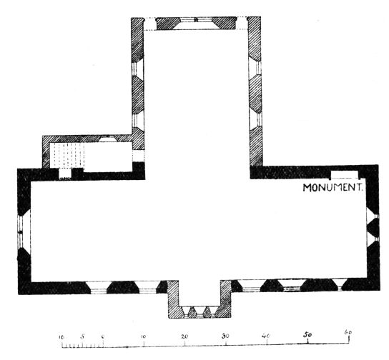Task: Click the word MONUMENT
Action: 333,188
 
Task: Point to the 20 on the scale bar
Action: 184,336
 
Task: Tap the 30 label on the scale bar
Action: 225,336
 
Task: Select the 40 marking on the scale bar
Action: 266,336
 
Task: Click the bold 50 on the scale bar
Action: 307,334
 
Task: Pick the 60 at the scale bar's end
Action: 348,332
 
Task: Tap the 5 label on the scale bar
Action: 82,336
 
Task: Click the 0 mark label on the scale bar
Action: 103,337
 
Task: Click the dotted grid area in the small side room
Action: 67,155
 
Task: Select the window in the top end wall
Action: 196,24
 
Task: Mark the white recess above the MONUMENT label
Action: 345,174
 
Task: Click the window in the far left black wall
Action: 24,231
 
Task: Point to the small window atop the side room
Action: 108,139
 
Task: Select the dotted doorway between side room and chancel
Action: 138,156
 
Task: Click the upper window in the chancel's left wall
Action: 138,69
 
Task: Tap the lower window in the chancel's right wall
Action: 256,119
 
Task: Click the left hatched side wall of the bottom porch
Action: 173,299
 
